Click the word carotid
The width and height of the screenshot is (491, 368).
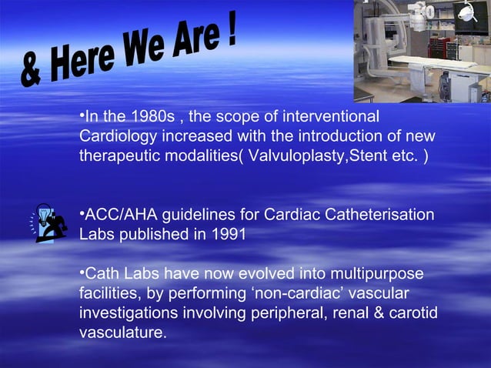(x=412, y=314)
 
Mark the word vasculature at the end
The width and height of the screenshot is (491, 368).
(x=122, y=334)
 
